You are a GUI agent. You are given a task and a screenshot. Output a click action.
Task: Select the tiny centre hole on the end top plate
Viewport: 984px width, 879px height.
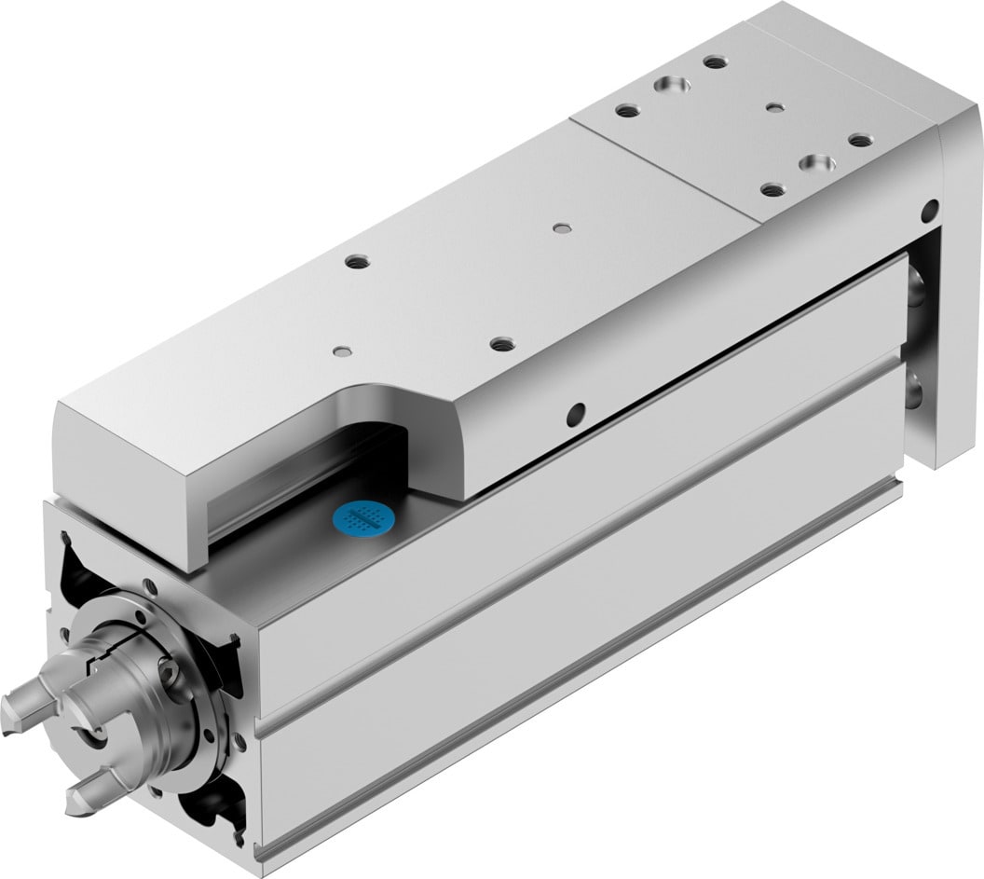tap(774, 107)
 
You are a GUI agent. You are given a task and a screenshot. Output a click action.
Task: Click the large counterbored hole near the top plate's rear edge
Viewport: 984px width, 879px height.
tap(671, 85)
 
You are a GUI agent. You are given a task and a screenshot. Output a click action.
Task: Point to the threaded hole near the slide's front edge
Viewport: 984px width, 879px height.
tap(501, 343)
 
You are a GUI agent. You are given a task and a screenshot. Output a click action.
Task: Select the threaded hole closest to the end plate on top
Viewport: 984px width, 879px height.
tap(860, 141)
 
